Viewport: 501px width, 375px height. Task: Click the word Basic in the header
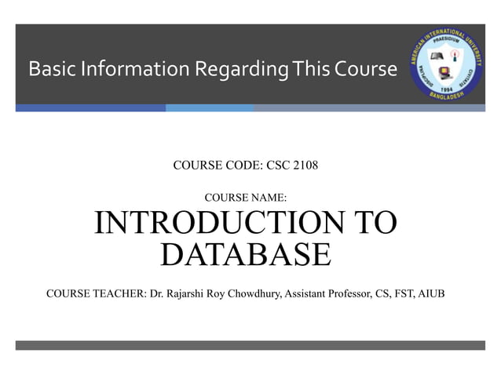pos(48,70)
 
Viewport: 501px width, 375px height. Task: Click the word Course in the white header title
pos(366,70)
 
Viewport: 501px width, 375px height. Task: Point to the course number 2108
pos(302,166)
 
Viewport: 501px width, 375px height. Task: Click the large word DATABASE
pos(245,254)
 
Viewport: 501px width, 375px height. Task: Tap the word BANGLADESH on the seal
pos(448,99)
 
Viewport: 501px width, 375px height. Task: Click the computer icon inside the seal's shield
pos(444,75)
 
